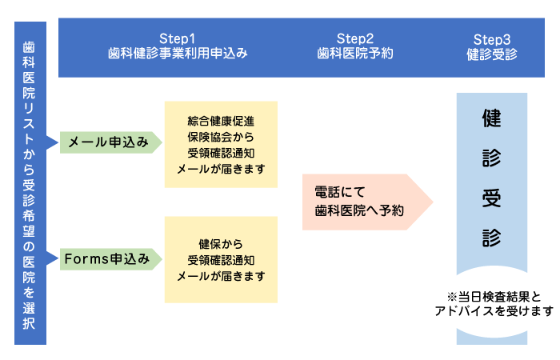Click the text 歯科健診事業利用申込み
tap(178, 54)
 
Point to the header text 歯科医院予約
tap(355, 54)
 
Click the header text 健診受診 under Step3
tap(492, 54)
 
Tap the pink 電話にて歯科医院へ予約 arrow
tap(364, 202)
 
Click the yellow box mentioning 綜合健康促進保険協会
tap(221, 144)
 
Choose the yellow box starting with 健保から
tap(221, 259)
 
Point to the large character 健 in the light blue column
tap(492, 119)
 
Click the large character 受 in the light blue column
tap(492, 198)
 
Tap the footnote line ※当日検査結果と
tap(493, 294)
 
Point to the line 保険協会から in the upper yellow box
tap(221, 137)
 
